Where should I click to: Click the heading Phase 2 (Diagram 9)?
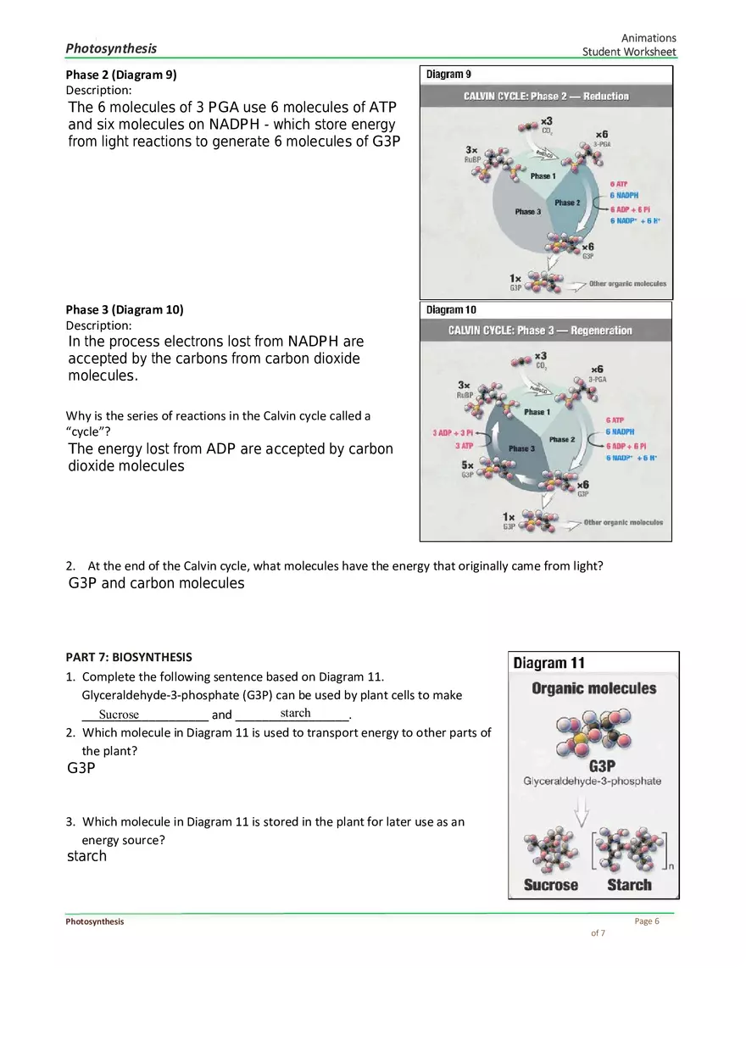pyautogui.click(x=121, y=75)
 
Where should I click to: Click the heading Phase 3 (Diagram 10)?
pyautogui.click(x=125, y=309)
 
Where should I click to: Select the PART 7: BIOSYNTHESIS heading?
pyautogui.click(x=129, y=657)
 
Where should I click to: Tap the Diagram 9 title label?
pyautogui.click(x=448, y=75)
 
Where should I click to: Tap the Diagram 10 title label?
pyautogui.click(x=451, y=310)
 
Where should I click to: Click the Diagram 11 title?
pyautogui.click(x=548, y=663)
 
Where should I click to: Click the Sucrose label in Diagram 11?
pyautogui.click(x=550, y=885)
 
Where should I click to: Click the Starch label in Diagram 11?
pyautogui.click(x=629, y=885)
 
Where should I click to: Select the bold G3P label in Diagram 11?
pyautogui.click(x=602, y=766)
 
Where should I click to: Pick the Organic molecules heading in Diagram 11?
pyautogui.click(x=593, y=688)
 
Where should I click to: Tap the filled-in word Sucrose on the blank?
pyautogui.click(x=118, y=715)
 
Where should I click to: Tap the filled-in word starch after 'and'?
pyautogui.click(x=295, y=713)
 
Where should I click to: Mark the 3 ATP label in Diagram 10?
pyautogui.click(x=464, y=446)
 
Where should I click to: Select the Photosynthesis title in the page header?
pyautogui.click(x=111, y=48)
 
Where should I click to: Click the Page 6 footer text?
pyautogui.click(x=646, y=921)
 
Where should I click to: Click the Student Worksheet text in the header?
pyautogui.click(x=629, y=53)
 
